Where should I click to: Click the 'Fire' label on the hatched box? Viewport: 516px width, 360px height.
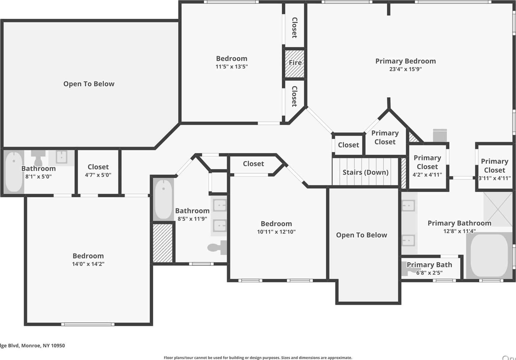coord(295,63)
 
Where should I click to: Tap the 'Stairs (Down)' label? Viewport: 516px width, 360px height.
coord(365,172)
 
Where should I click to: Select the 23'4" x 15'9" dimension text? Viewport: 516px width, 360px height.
coord(405,69)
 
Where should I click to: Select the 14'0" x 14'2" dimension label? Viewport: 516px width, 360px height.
coord(88,264)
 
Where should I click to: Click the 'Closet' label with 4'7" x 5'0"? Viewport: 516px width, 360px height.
coord(98,167)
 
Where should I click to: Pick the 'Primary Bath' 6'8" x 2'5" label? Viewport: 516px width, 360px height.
coord(429,265)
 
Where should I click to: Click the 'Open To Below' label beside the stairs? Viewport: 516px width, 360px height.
coord(361,235)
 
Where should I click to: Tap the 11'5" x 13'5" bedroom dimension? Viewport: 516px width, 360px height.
coord(231,67)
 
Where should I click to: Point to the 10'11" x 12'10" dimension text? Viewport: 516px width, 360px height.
coord(276,232)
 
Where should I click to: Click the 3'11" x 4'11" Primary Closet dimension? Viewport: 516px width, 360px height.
coord(494,178)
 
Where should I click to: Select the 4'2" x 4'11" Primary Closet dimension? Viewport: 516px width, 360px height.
coord(427,175)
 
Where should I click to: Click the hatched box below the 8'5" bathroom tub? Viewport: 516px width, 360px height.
coord(163,243)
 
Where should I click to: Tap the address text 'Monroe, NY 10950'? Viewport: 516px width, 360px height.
coord(43,345)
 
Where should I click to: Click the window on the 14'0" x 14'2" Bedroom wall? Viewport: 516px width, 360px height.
coord(88,324)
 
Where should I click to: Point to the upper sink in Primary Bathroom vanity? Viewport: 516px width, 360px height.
coord(408,205)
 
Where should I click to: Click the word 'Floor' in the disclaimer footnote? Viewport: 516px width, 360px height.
coord(169,358)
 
